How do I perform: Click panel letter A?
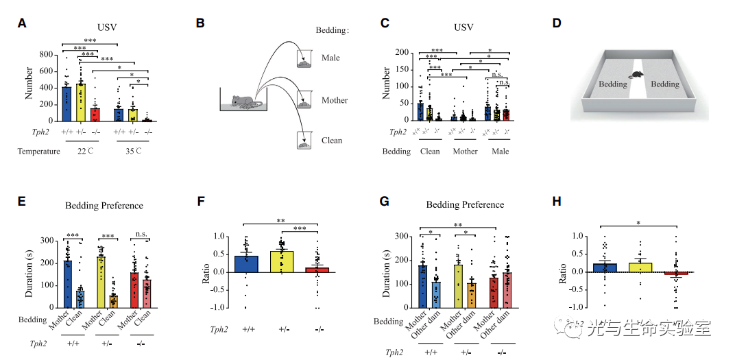23,23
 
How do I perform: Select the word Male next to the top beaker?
330,58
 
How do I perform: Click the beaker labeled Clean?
304,142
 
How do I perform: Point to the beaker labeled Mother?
304,100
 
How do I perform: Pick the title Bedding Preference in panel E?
104,205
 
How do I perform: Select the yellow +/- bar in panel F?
282,261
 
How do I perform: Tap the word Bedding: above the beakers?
332,31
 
